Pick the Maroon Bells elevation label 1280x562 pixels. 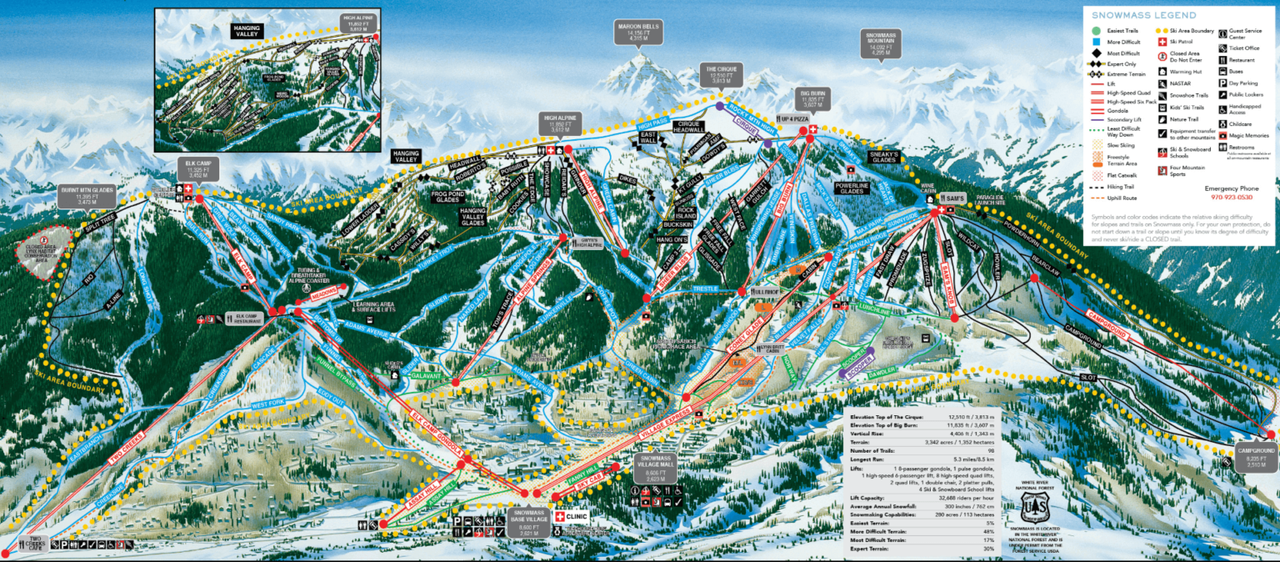click(637, 32)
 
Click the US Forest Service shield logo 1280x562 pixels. click(1033, 506)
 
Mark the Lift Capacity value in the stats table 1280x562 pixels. click(959, 498)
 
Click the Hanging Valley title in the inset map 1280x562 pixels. click(247, 32)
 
